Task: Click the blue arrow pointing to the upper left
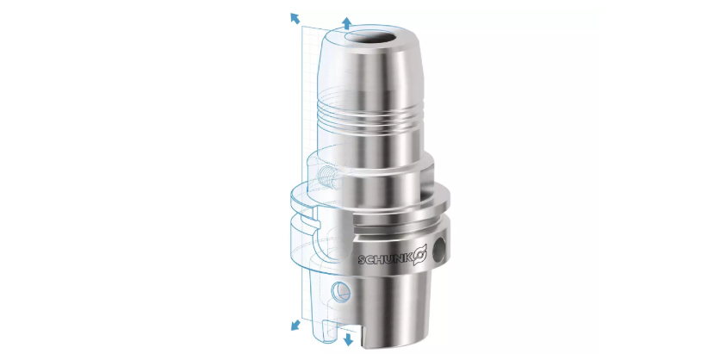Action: point(295,18)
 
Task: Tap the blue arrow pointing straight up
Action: point(348,23)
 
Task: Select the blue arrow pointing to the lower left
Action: point(295,325)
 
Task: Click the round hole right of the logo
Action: point(441,248)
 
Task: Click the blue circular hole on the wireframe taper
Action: point(341,291)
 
